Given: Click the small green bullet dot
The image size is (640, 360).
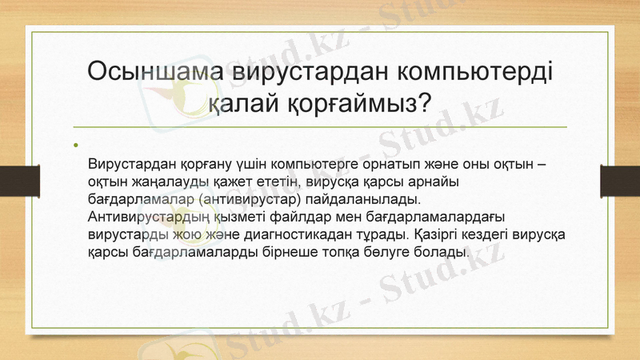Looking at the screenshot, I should pos(76,146).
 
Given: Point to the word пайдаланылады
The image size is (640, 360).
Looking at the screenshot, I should pos(370,200).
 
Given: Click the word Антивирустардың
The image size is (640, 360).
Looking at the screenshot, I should pos(148,218).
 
